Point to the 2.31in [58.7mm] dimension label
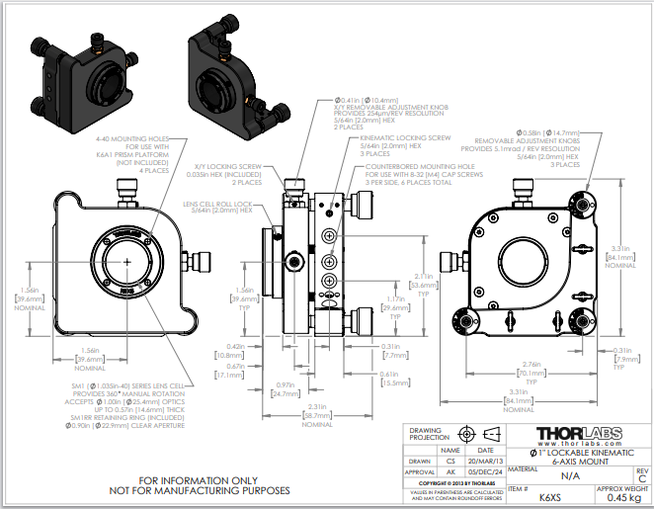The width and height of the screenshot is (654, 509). click(317, 413)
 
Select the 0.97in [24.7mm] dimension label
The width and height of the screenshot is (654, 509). click(285, 390)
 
